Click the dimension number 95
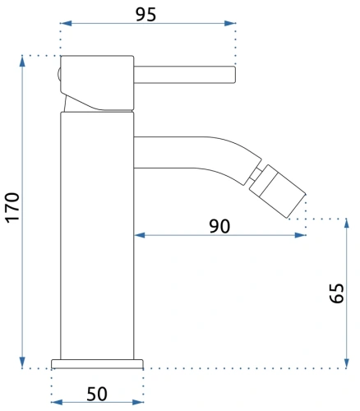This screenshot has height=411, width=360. pyautogui.click(x=146, y=15)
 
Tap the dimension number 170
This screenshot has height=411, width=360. pyautogui.click(x=13, y=208)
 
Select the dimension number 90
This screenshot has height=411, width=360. pyautogui.click(x=219, y=226)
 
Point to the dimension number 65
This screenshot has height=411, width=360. pyautogui.click(x=336, y=293)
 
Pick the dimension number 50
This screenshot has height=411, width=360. pyautogui.click(x=97, y=394)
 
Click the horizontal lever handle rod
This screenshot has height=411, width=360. pyautogui.click(x=185, y=75)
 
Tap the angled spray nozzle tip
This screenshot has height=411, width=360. pyautogui.click(x=278, y=192)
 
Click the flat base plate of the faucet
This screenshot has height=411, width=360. pyautogui.click(x=97, y=364)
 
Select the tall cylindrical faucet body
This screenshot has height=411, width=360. pyautogui.click(x=97, y=235)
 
